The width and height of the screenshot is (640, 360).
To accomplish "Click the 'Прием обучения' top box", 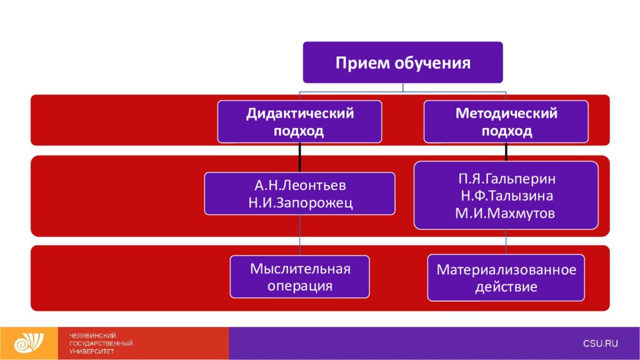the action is [403, 62].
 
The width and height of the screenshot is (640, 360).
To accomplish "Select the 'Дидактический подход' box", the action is [299, 122].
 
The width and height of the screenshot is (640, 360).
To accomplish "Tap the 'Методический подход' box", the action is [506, 122].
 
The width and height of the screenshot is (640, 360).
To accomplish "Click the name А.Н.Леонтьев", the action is [300, 185].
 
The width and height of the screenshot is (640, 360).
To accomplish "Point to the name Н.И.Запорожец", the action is [301, 203].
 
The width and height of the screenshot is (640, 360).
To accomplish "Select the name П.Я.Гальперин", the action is [506, 179].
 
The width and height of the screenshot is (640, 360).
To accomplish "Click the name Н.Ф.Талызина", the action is [506, 196].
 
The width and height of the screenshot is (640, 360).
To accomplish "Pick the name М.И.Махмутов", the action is [505, 213].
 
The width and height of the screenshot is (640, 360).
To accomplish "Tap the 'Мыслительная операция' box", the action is [299, 277].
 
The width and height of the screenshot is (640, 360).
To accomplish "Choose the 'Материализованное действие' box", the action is [506, 277].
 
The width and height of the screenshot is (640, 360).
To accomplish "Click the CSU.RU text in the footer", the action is [601, 344].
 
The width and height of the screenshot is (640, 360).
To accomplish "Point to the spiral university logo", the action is [29, 343].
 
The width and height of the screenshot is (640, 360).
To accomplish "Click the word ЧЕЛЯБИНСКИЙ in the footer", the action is [92, 336].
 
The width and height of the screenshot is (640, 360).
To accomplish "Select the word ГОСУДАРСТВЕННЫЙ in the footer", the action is [101, 343].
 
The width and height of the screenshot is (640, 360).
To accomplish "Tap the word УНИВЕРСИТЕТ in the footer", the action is [92, 351].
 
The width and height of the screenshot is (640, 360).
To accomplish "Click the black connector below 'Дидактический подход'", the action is [299, 157].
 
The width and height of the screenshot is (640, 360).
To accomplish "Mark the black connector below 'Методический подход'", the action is [506, 152].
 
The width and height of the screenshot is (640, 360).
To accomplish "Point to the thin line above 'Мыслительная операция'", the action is [299, 235].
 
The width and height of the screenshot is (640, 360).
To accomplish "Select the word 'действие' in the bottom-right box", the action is [506, 287].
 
